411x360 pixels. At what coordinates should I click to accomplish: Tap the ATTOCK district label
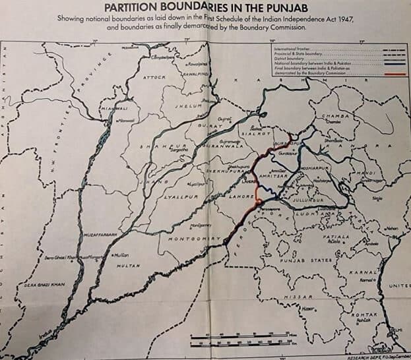pos(155,77)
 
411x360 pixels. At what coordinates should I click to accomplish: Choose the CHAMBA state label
pos(334,116)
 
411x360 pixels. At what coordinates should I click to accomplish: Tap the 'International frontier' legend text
pos(291,49)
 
